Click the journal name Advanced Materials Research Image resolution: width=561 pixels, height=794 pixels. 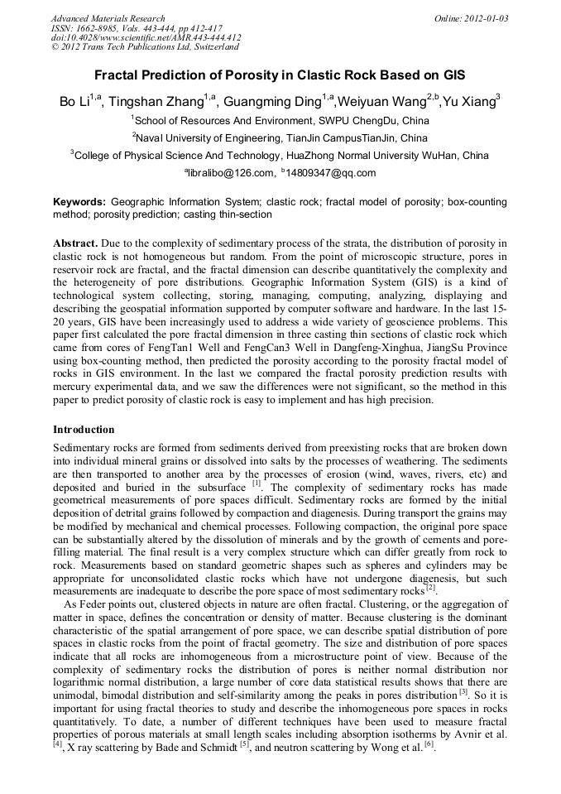(108, 18)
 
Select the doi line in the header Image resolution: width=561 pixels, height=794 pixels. (146, 37)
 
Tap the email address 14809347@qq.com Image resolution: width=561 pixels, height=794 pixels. (331, 173)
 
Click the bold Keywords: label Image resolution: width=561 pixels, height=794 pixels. (79, 202)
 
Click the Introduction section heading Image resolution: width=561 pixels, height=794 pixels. (84, 430)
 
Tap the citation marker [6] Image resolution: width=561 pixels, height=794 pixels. (429, 745)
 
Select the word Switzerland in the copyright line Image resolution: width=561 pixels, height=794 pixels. (210, 47)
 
